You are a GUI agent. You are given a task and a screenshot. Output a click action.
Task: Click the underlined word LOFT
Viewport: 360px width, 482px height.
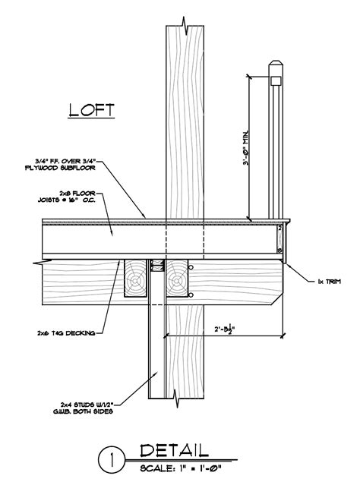(x=91, y=110)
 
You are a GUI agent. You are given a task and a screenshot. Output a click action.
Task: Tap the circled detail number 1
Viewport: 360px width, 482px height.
(x=112, y=459)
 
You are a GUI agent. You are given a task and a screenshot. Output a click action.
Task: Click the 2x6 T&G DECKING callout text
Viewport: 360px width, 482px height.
(x=64, y=332)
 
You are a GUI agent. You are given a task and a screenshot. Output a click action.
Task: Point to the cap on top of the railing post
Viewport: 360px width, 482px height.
(x=276, y=69)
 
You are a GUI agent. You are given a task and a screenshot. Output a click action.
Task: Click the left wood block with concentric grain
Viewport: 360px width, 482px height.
(x=135, y=279)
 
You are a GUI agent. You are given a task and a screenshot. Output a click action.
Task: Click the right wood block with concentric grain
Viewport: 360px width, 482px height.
(x=179, y=279)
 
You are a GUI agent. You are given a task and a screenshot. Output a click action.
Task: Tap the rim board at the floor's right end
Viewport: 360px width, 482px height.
(x=280, y=240)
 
